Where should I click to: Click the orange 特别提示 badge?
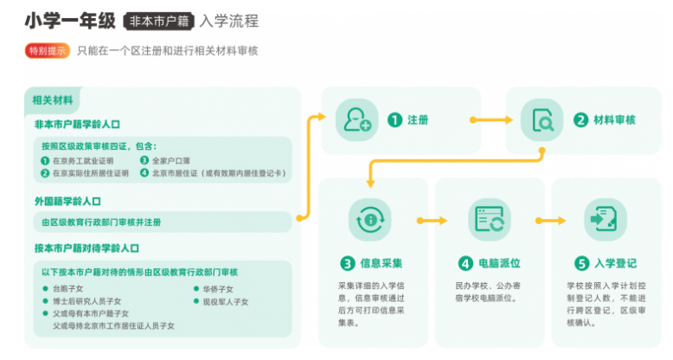pos(47,51)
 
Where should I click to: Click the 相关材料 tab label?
pos(52,98)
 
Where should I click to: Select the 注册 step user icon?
pos(357,120)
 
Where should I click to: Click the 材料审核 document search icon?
pos(542,121)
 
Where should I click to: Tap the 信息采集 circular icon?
pos(370,220)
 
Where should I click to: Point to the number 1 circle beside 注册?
pos(394,121)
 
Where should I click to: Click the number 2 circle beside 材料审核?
pos(580,121)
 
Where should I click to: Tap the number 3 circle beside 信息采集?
pos(347,263)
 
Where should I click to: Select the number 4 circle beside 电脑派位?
pos(465,263)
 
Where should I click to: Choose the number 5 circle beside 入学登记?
pos(581,263)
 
